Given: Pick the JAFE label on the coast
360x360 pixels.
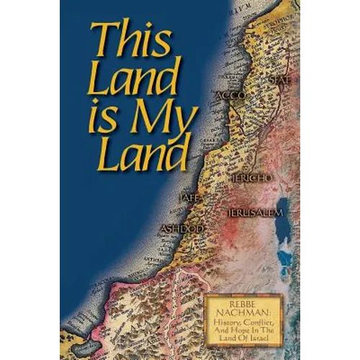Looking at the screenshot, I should [186, 196].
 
